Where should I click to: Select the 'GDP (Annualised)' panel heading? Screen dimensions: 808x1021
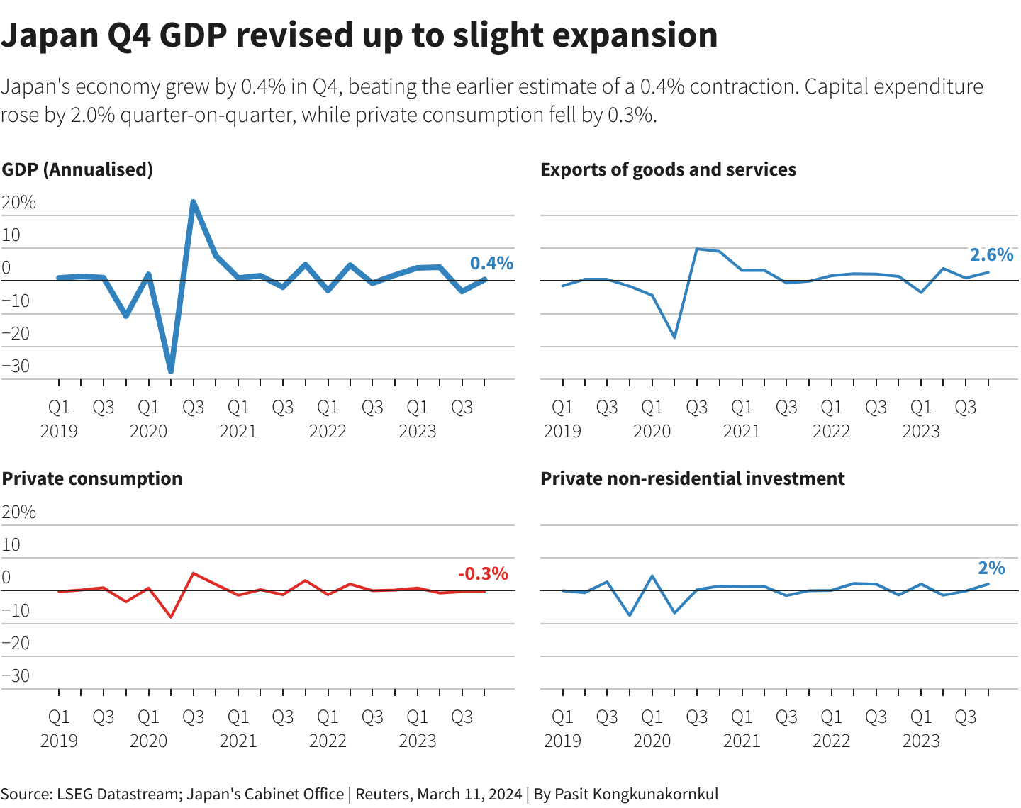pos(77,169)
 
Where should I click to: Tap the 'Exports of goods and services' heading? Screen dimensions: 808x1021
pos(668,169)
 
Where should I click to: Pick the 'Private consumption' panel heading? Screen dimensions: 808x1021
pos(92,478)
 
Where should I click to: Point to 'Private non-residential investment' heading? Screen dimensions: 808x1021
pos(692,478)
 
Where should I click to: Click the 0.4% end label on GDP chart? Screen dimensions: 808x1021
pos(491,263)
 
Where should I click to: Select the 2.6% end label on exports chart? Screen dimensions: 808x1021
pos(991,254)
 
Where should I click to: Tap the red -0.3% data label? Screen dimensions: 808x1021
pos(483,573)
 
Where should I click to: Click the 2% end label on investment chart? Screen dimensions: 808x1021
pos(991,568)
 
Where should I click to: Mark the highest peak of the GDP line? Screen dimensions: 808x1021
pos(193,202)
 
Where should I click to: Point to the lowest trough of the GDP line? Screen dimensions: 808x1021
pos(171,371)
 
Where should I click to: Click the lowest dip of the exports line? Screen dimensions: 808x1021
pos(674,337)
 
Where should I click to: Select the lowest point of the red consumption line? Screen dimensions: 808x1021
pos(171,617)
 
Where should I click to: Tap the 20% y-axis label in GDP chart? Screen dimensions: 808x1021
pos(19,203)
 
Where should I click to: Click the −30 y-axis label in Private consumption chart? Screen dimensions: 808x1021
pos(16,675)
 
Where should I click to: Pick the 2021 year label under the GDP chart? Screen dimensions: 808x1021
pos(238,431)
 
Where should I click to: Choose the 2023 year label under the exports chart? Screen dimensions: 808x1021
pos(920,431)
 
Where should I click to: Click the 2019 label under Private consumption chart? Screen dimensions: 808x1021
pos(59,741)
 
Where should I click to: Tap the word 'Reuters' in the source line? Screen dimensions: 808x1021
pos(383,794)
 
